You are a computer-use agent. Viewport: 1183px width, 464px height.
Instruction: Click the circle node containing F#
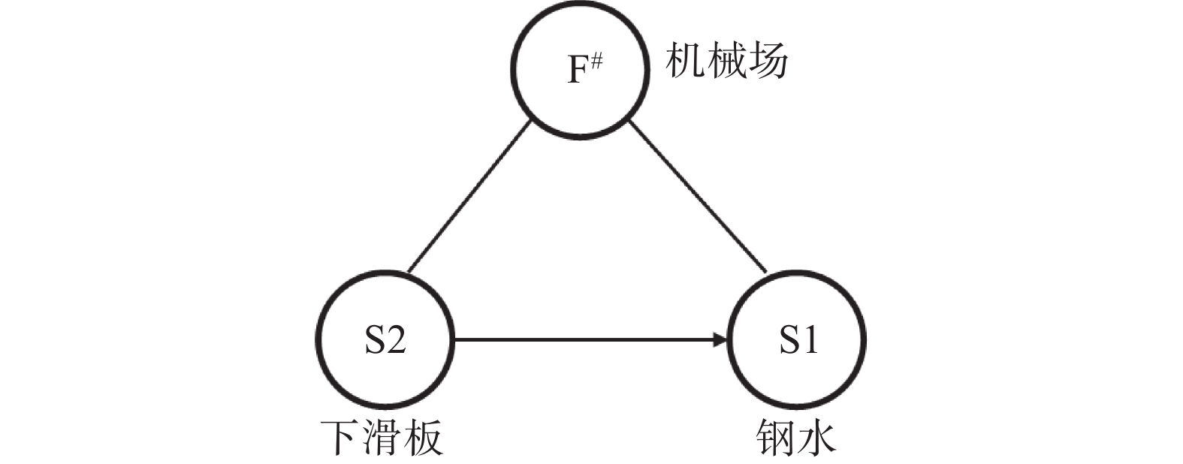[578, 69]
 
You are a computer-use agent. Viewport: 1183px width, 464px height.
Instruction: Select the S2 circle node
[385, 339]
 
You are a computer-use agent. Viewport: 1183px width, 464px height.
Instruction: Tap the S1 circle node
[797, 339]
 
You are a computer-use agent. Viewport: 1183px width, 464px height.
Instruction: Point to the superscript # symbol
[596, 60]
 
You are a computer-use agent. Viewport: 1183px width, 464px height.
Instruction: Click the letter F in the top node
[577, 71]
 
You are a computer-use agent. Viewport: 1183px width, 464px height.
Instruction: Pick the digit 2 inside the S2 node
[396, 340]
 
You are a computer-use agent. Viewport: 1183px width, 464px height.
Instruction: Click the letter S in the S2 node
[375, 340]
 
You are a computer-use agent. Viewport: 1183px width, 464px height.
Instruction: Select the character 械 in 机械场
[726, 59]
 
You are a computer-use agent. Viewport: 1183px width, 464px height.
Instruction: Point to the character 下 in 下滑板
[340, 438]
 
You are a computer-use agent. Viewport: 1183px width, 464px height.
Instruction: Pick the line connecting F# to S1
[698, 197]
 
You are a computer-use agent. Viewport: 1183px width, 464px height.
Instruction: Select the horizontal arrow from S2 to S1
[586, 340]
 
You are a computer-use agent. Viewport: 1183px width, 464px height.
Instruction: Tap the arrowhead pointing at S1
[722, 340]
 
